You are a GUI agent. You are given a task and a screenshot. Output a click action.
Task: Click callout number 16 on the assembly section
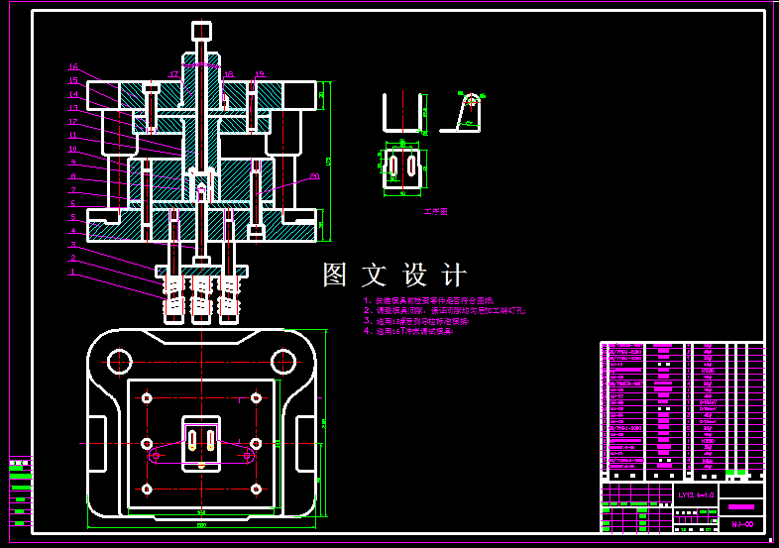72,68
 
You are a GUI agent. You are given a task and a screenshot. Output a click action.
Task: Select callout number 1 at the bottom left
72,272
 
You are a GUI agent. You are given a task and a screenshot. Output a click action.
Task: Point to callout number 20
315,176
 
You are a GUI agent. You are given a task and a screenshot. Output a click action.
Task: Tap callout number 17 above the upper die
173,73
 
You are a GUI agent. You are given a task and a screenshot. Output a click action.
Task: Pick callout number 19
260,73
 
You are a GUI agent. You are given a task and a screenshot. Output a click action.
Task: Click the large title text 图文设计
393,274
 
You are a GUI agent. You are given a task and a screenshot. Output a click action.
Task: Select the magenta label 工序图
436,211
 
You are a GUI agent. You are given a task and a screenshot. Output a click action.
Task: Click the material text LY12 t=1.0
696,493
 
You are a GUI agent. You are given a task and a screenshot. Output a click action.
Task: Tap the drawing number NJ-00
741,524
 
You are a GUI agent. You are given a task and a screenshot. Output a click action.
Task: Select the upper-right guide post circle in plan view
282,360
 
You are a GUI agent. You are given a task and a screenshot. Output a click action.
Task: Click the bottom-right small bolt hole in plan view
256,490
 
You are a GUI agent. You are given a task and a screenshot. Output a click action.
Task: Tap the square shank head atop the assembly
201,31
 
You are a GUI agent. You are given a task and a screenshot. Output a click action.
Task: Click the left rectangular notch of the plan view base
97,443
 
